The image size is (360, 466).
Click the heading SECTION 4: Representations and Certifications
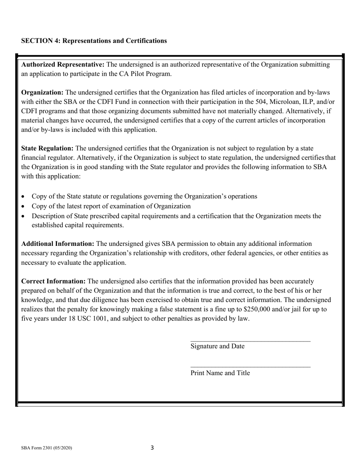(94, 41)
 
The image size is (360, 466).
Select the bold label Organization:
(42, 92)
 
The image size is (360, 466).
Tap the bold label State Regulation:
(48, 148)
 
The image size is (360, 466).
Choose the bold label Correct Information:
(53, 281)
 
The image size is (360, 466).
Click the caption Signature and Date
(217, 346)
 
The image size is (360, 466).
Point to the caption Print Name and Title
(220, 373)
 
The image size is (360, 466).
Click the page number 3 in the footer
(152, 448)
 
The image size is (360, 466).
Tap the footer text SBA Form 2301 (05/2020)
(47, 448)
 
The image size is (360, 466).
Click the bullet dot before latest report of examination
(23, 207)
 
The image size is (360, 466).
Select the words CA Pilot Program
(147, 74)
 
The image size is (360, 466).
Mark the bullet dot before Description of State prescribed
(23, 217)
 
